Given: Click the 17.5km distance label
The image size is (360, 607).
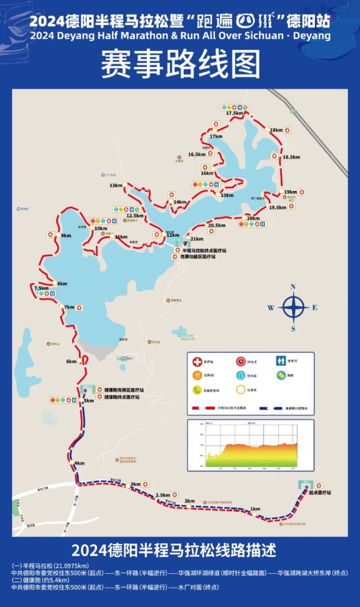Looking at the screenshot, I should point(235,113).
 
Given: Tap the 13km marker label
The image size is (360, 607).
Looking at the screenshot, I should point(116,186).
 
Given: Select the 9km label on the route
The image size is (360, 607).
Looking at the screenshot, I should point(66,236).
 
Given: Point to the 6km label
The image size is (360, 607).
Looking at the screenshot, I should point(72,361).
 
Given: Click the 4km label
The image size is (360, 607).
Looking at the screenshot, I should point(80,463).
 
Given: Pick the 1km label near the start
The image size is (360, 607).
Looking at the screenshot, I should point(255,509).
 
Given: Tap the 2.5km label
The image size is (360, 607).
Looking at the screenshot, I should point(162,495).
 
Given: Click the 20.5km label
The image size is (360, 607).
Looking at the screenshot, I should point(216,225).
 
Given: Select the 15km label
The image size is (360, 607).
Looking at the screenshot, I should point(227,195).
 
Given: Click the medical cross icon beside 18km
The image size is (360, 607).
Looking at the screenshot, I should point(287,130).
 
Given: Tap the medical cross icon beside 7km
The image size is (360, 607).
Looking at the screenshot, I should point(80,308).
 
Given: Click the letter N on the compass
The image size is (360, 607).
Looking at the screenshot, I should point(293,287).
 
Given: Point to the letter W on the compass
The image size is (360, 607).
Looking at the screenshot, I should point(271,308).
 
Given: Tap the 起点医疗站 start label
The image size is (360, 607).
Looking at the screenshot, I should point(320,493).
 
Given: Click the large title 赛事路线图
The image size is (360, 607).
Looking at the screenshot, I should point(180,64).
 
